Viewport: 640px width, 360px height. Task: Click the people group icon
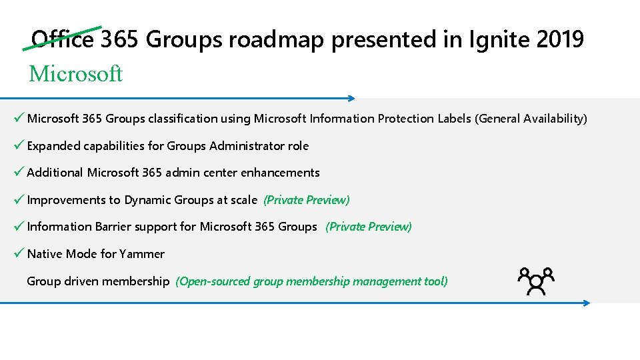[536, 281]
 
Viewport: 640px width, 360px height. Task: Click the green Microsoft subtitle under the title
[75, 73]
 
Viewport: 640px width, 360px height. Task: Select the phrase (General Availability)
[531, 119]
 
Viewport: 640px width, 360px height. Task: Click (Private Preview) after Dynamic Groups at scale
[307, 200]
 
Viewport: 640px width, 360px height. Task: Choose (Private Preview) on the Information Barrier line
[369, 227]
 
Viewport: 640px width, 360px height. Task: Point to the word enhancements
[280, 173]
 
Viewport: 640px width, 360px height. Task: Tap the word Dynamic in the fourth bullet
[147, 200]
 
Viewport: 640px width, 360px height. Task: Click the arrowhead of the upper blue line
[352, 98]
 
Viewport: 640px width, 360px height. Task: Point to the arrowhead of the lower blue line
[587, 303]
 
